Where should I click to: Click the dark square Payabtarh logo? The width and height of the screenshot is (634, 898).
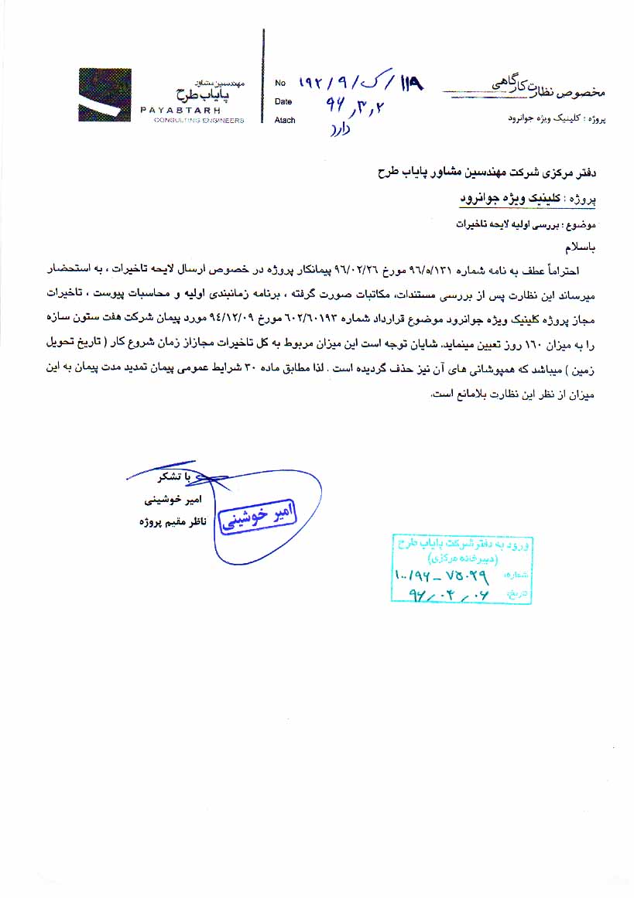(x=105, y=95)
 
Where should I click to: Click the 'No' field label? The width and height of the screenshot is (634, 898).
(x=280, y=82)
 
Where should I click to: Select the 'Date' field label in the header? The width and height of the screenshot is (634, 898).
(x=283, y=101)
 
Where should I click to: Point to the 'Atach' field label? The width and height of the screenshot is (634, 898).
(x=285, y=120)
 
